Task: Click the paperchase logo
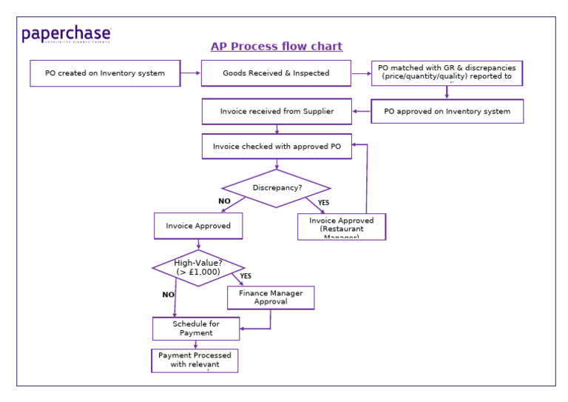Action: point(67,34)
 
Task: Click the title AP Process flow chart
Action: point(277,47)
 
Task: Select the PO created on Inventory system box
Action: point(105,73)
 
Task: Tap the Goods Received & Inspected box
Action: point(276,73)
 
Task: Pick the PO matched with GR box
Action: point(447,73)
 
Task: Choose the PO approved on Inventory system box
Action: point(447,112)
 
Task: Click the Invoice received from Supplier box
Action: point(277,112)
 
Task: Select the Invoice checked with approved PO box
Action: point(277,147)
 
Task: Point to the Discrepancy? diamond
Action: point(277,188)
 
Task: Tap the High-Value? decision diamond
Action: point(198,268)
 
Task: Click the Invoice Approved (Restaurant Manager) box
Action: point(342,227)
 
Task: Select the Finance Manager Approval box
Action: point(271,298)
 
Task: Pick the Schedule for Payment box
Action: point(196,329)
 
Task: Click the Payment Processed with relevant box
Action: point(195,361)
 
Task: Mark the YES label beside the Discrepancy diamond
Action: point(323,202)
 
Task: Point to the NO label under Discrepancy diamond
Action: point(224,201)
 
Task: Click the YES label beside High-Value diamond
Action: point(246,276)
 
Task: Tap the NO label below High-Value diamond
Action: point(168,295)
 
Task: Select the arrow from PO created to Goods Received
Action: point(190,73)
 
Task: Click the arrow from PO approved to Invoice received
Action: point(362,112)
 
